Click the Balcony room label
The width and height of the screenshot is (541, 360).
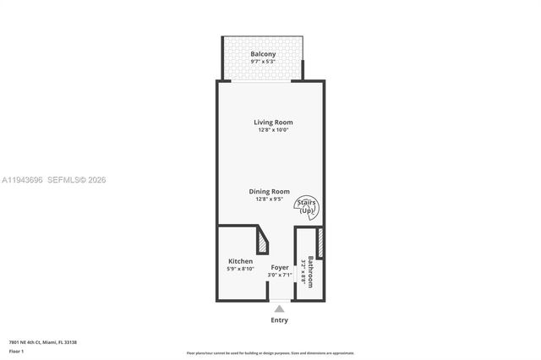[x=263, y=55]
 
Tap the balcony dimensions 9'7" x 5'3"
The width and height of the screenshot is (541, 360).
[x=263, y=63]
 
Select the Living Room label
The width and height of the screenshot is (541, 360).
[x=273, y=123]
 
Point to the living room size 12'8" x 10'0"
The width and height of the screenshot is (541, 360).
[x=273, y=130]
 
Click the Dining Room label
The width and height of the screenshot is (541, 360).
[x=269, y=192]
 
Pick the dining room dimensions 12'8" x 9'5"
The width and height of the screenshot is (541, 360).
[x=269, y=199]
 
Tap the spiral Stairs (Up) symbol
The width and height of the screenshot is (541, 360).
[x=307, y=207]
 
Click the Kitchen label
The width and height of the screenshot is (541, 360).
[x=240, y=261]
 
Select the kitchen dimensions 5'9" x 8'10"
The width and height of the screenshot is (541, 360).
[x=240, y=269]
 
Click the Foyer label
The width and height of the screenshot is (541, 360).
[x=279, y=267]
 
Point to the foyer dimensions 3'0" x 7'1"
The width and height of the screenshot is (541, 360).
[x=279, y=275]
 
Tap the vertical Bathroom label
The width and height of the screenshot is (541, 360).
[x=311, y=272]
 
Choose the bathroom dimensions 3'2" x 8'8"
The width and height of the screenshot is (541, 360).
[x=303, y=272]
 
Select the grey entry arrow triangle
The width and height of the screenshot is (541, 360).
[x=279, y=308]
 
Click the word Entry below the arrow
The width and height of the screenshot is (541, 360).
[x=279, y=320]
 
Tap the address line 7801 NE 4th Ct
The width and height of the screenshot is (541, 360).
[x=43, y=341]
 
